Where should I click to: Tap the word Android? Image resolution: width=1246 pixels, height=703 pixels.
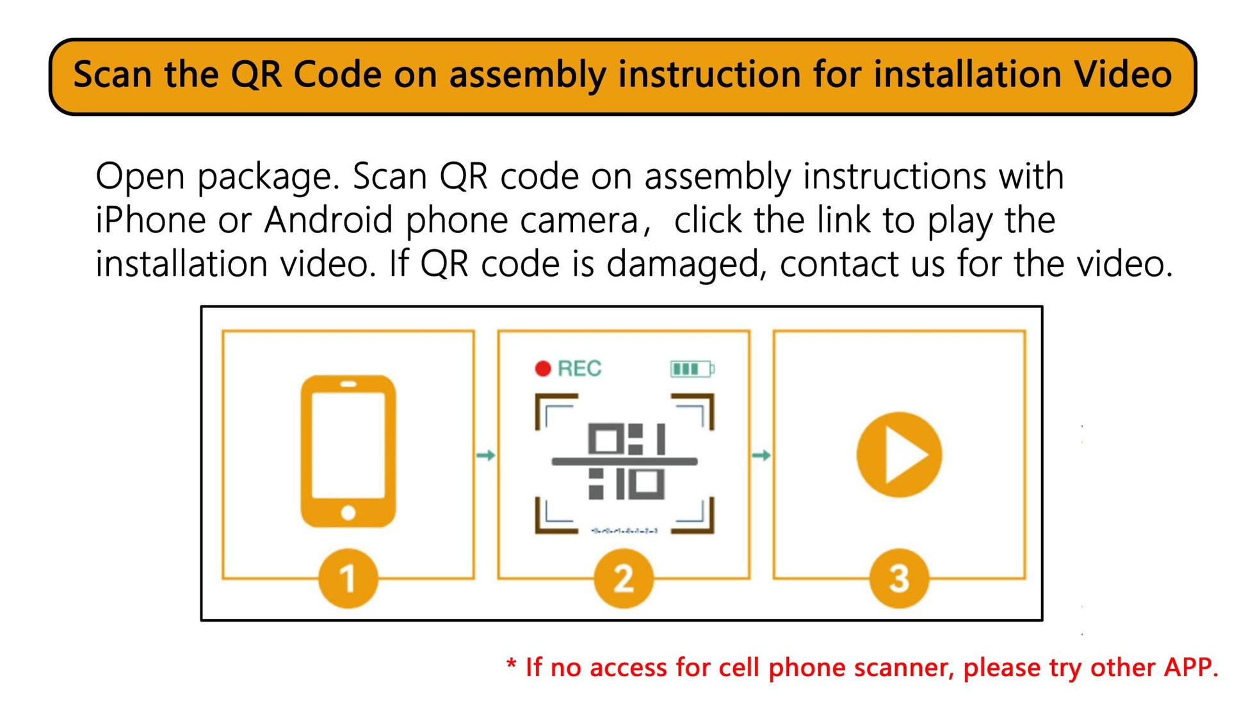(328, 220)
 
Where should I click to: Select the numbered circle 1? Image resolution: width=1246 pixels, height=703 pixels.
(348, 578)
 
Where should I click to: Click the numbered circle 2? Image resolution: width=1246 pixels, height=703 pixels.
(624, 578)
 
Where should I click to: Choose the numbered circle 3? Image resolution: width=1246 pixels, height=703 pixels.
(899, 578)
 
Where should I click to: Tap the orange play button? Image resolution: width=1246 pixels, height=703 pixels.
(899, 455)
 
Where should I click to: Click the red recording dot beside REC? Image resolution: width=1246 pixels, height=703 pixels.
(543, 369)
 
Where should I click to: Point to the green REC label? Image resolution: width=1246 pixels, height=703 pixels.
(579, 369)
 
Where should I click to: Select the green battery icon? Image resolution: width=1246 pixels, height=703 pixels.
(692, 369)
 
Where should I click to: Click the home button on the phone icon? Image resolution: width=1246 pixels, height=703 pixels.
(348, 512)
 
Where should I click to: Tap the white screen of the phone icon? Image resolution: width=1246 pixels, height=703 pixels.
(348, 445)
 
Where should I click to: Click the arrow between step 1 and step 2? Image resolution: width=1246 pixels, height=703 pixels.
(486, 455)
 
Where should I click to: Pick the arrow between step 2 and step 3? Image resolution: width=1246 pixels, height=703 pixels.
(761, 455)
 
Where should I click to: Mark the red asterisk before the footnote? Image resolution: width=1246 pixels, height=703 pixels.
(511, 663)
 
